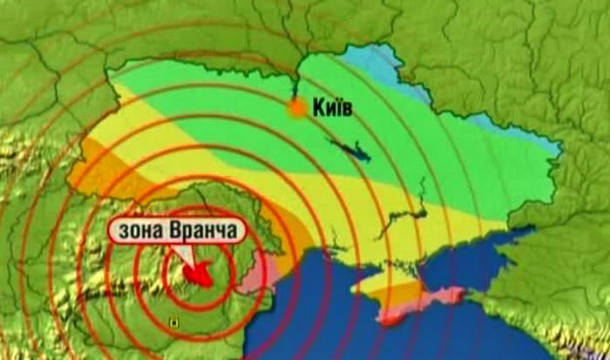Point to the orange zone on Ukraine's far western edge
(x=91, y=170)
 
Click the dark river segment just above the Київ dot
(x=296, y=87)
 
